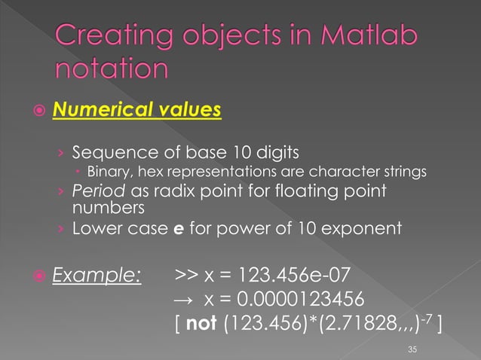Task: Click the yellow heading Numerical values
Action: pos(136,111)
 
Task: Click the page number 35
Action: pos(412,348)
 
